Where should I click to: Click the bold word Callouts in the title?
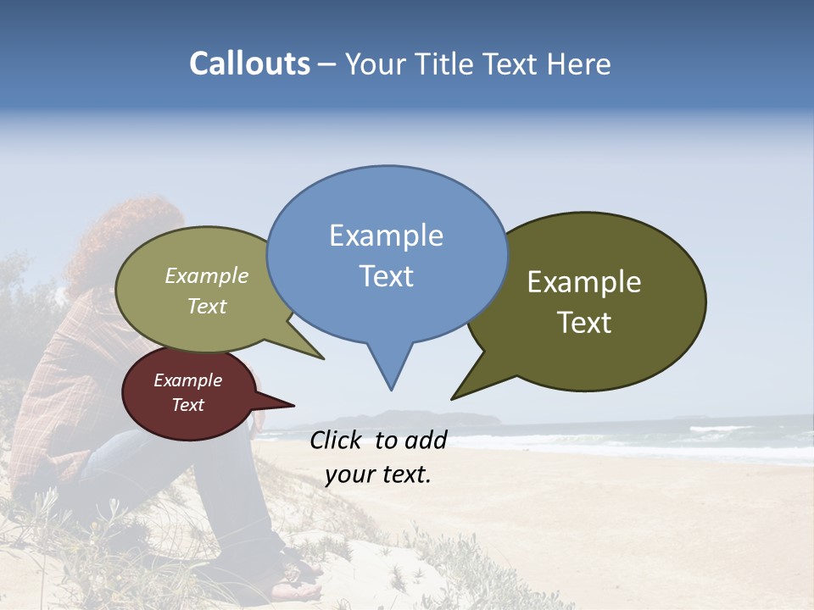(249, 64)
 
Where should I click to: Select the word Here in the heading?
(579, 64)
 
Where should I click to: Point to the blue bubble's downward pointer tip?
(391, 389)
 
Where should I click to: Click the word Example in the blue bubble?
(386, 236)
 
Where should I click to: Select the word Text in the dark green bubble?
(585, 322)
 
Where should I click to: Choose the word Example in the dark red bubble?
(187, 380)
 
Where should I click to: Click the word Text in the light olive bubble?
(207, 306)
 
